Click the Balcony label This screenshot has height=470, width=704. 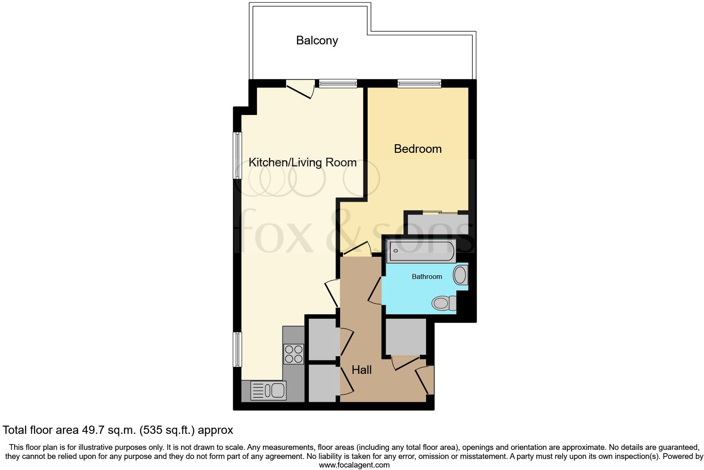[317, 40]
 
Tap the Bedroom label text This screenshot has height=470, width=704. [417, 149]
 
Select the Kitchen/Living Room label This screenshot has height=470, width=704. [302, 162]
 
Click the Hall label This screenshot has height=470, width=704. [361, 370]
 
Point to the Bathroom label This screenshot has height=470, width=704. [427, 277]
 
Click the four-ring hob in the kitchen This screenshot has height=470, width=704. [294, 354]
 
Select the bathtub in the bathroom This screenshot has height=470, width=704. [421, 251]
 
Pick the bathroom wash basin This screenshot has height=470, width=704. [461, 275]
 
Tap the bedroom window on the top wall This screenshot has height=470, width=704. [419, 84]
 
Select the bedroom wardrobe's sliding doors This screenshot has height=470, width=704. [440, 212]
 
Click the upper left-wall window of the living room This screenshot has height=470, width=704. [237, 155]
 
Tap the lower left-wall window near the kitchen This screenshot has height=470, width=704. [237, 349]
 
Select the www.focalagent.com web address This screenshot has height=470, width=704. [354, 465]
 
